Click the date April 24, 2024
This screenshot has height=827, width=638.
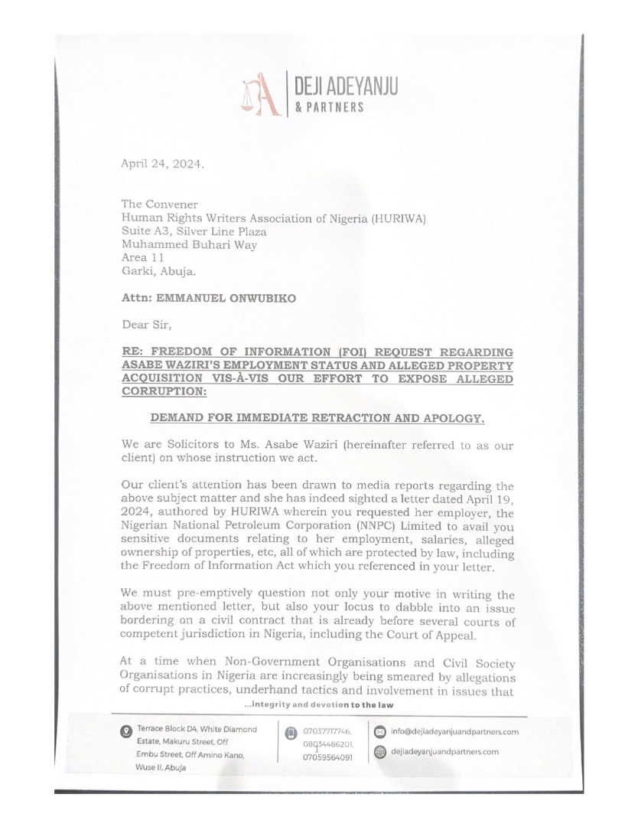coord(163,164)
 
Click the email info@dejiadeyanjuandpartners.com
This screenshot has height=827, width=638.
coord(454,731)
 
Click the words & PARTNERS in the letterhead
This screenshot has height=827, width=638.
coord(330,109)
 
